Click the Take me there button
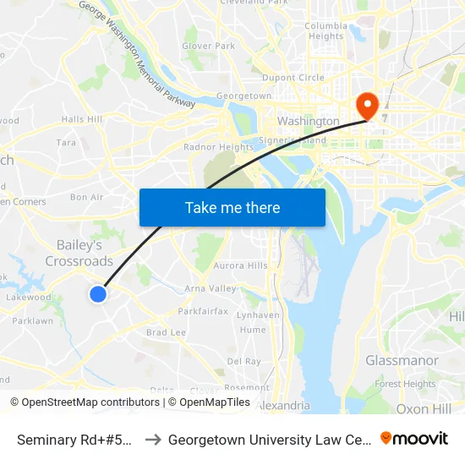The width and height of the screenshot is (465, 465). [232, 207]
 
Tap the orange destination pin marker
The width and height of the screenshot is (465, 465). [368, 105]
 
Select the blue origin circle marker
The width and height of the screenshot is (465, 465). [98, 294]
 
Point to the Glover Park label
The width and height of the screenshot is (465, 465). [209, 46]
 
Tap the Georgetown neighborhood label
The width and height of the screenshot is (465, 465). [243, 96]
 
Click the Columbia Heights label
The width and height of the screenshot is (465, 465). [325, 31]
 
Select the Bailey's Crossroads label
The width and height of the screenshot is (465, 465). [79, 253]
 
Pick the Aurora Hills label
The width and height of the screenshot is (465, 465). [241, 265]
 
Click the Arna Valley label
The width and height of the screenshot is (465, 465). [211, 288]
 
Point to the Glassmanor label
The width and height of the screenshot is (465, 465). [402, 360]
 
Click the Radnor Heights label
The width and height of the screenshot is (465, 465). [218, 147]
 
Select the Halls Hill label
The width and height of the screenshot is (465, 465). [82, 119]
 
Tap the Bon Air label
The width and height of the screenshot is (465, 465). [86, 197]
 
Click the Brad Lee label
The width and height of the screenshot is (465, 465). [166, 333]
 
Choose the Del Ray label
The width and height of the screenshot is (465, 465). [244, 361]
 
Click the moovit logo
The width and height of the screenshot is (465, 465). [414, 439]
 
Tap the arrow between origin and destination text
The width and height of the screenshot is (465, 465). [154, 440]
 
